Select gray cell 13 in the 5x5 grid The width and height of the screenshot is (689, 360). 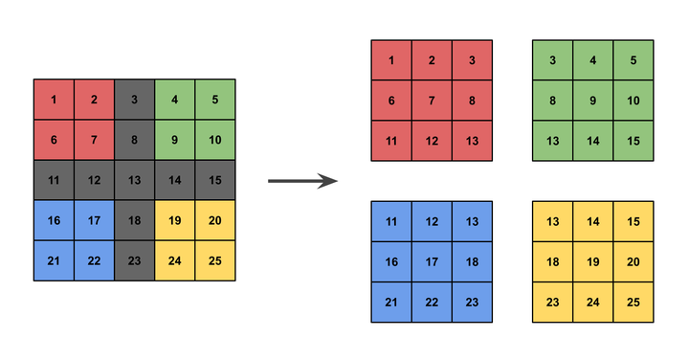[134, 180]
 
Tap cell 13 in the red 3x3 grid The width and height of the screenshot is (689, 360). [472, 141]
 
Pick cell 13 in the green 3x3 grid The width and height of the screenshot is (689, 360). [553, 141]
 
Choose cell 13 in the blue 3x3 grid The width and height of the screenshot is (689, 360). [472, 221]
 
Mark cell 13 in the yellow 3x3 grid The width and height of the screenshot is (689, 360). [553, 221]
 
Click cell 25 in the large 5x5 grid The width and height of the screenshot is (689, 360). [214, 260]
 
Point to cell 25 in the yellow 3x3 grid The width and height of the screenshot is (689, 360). [633, 302]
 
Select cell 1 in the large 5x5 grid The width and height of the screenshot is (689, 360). [54, 100]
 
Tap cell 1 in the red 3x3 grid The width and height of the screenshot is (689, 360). [391, 60]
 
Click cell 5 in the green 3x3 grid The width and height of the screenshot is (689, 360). [633, 60]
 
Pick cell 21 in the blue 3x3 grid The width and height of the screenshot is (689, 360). [391, 302]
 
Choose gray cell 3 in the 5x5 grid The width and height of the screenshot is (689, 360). [134, 100]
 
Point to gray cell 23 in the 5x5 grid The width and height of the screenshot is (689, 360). [134, 260]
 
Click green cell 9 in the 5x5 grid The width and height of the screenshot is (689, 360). [174, 140]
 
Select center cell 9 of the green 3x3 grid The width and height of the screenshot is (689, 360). [593, 101]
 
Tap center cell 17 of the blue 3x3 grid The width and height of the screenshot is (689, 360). [432, 261]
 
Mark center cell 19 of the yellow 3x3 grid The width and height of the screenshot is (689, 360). [593, 261]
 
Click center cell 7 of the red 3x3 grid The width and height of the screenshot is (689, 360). [432, 101]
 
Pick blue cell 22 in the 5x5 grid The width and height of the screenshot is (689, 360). [94, 260]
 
